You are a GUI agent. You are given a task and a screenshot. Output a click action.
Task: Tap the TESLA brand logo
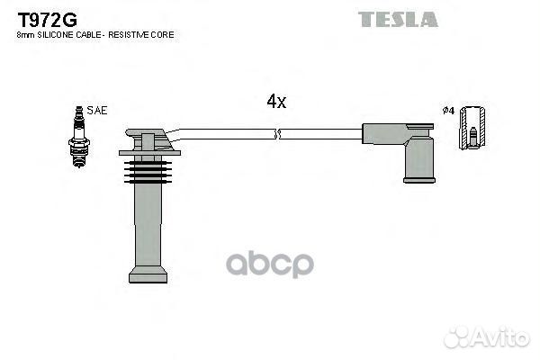click(x=397, y=19)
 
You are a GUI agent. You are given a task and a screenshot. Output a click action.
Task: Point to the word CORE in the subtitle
click(x=163, y=34)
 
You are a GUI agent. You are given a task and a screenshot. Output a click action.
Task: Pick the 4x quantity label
click(x=276, y=102)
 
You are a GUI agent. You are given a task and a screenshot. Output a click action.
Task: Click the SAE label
click(x=98, y=111)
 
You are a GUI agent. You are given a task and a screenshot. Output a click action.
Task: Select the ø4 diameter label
click(x=448, y=111)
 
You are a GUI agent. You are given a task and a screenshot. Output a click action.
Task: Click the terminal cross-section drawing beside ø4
click(x=471, y=130)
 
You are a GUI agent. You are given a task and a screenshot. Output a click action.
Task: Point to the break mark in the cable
click(x=277, y=134)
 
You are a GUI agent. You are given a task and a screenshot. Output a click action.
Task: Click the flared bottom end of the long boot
click(x=148, y=273)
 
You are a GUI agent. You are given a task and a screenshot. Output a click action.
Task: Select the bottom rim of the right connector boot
click(x=418, y=179)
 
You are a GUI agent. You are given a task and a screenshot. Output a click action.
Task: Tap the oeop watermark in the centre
click(x=270, y=263)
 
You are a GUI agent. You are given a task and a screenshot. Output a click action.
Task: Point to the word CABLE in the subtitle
click(x=88, y=34)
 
